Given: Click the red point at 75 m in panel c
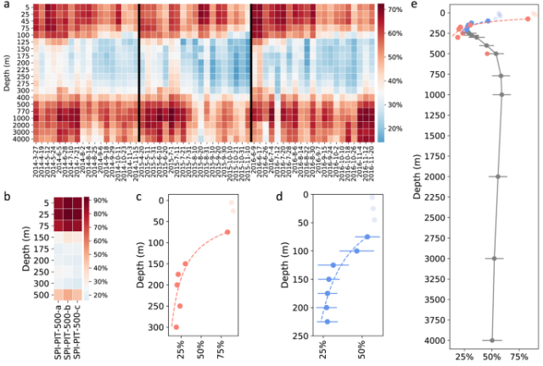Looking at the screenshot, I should (x=227, y=232).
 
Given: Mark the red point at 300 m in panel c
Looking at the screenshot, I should (x=176, y=327).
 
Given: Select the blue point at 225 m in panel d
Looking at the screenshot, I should (x=327, y=322).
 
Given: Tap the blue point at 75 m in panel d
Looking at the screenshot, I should (x=367, y=236).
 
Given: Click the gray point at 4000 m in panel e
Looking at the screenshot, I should (x=492, y=341).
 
